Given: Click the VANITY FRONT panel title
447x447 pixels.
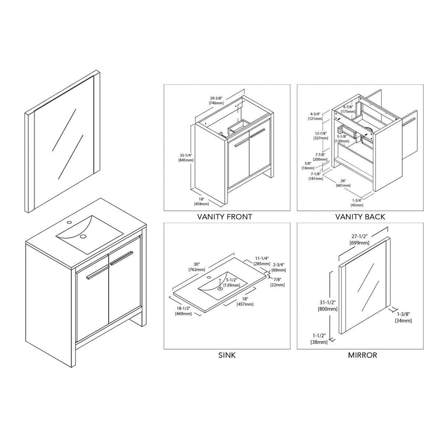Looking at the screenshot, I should click(x=225, y=217).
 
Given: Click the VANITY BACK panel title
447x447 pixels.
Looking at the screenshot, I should click(x=360, y=217).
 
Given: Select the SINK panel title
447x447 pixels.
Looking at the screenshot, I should click(x=227, y=355).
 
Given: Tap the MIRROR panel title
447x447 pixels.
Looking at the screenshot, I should click(x=362, y=355).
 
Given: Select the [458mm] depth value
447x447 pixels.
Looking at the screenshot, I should click(x=201, y=204).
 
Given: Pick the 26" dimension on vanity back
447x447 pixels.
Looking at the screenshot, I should click(x=343, y=181).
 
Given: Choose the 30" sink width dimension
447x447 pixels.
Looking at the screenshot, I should click(x=197, y=264).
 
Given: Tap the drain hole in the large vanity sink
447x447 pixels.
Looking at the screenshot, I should click(x=83, y=236).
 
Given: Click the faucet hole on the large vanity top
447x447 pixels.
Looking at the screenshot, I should click(x=68, y=223).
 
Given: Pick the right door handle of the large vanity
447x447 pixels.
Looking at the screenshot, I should click(x=121, y=258).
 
